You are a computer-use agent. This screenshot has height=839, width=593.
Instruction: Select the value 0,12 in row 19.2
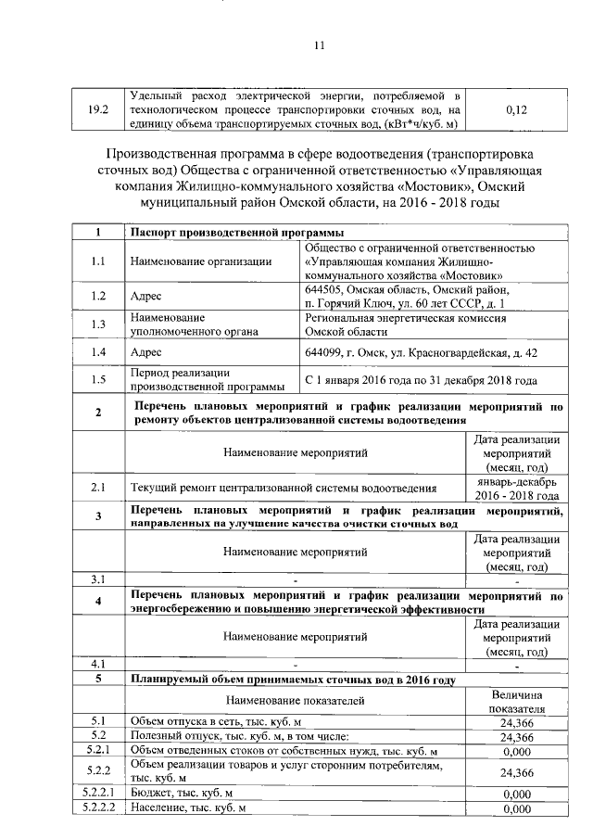517,109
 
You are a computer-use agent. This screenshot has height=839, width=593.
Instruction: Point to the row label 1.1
98,261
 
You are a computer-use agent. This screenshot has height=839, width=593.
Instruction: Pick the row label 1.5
98,380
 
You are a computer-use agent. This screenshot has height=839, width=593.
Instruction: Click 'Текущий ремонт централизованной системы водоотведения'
284,487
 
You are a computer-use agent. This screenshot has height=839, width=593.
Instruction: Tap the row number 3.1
98,579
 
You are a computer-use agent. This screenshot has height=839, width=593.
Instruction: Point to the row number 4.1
98,664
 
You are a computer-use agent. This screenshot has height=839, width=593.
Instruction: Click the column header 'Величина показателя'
517,701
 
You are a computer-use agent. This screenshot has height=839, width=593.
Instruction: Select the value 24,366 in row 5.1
517,722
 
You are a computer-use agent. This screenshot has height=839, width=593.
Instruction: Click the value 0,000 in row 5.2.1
517,751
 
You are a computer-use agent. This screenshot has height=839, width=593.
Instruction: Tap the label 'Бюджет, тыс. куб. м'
182,795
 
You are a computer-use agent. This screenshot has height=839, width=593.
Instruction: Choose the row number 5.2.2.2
98,808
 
